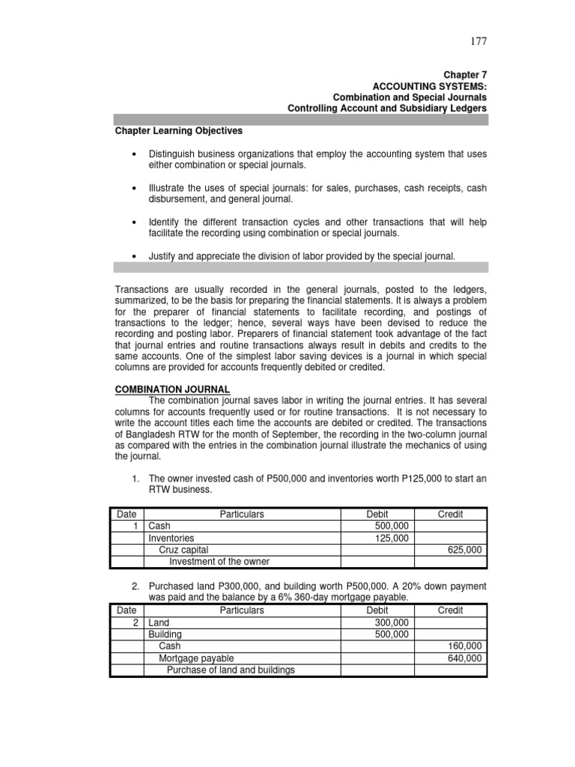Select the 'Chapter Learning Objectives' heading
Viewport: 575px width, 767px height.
(x=178, y=130)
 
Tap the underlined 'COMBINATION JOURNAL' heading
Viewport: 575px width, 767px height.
(x=172, y=389)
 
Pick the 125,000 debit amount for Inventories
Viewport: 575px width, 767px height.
(x=392, y=538)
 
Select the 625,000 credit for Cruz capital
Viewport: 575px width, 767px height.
(x=465, y=550)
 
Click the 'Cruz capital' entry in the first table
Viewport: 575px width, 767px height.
(x=183, y=550)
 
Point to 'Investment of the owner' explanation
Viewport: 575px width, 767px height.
(x=219, y=562)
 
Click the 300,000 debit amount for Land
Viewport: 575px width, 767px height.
(x=392, y=622)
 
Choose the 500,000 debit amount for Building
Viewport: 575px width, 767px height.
(x=392, y=634)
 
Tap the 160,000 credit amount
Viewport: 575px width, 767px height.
(x=465, y=646)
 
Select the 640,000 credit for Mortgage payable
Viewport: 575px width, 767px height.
(x=465, y=658)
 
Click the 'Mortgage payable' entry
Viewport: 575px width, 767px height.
(x=193, y=658)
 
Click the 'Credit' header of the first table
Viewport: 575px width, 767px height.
(x=450, y=515)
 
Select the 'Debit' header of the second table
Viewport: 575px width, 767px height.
(x=377, y=610)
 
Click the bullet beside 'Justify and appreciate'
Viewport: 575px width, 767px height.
(x=133, y=256)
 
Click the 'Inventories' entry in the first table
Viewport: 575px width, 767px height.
(x=171, y=538)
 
